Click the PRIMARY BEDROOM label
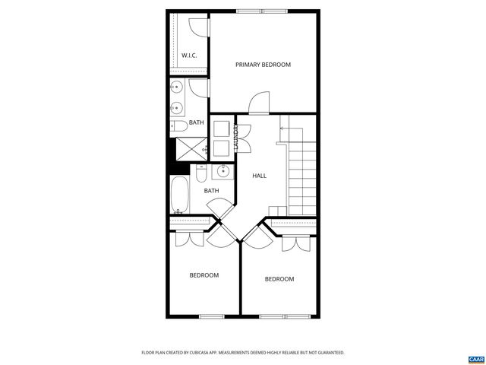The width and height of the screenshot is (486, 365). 263,65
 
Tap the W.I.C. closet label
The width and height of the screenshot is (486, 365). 189,55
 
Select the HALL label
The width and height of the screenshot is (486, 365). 259,176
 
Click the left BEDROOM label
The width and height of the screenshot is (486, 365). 204,275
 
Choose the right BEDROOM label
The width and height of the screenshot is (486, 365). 279,279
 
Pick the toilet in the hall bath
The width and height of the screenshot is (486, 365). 200,175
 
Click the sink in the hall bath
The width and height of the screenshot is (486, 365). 223,171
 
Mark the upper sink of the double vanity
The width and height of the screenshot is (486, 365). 175,86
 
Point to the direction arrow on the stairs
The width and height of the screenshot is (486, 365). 282,129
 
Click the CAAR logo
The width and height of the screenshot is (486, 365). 476,359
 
